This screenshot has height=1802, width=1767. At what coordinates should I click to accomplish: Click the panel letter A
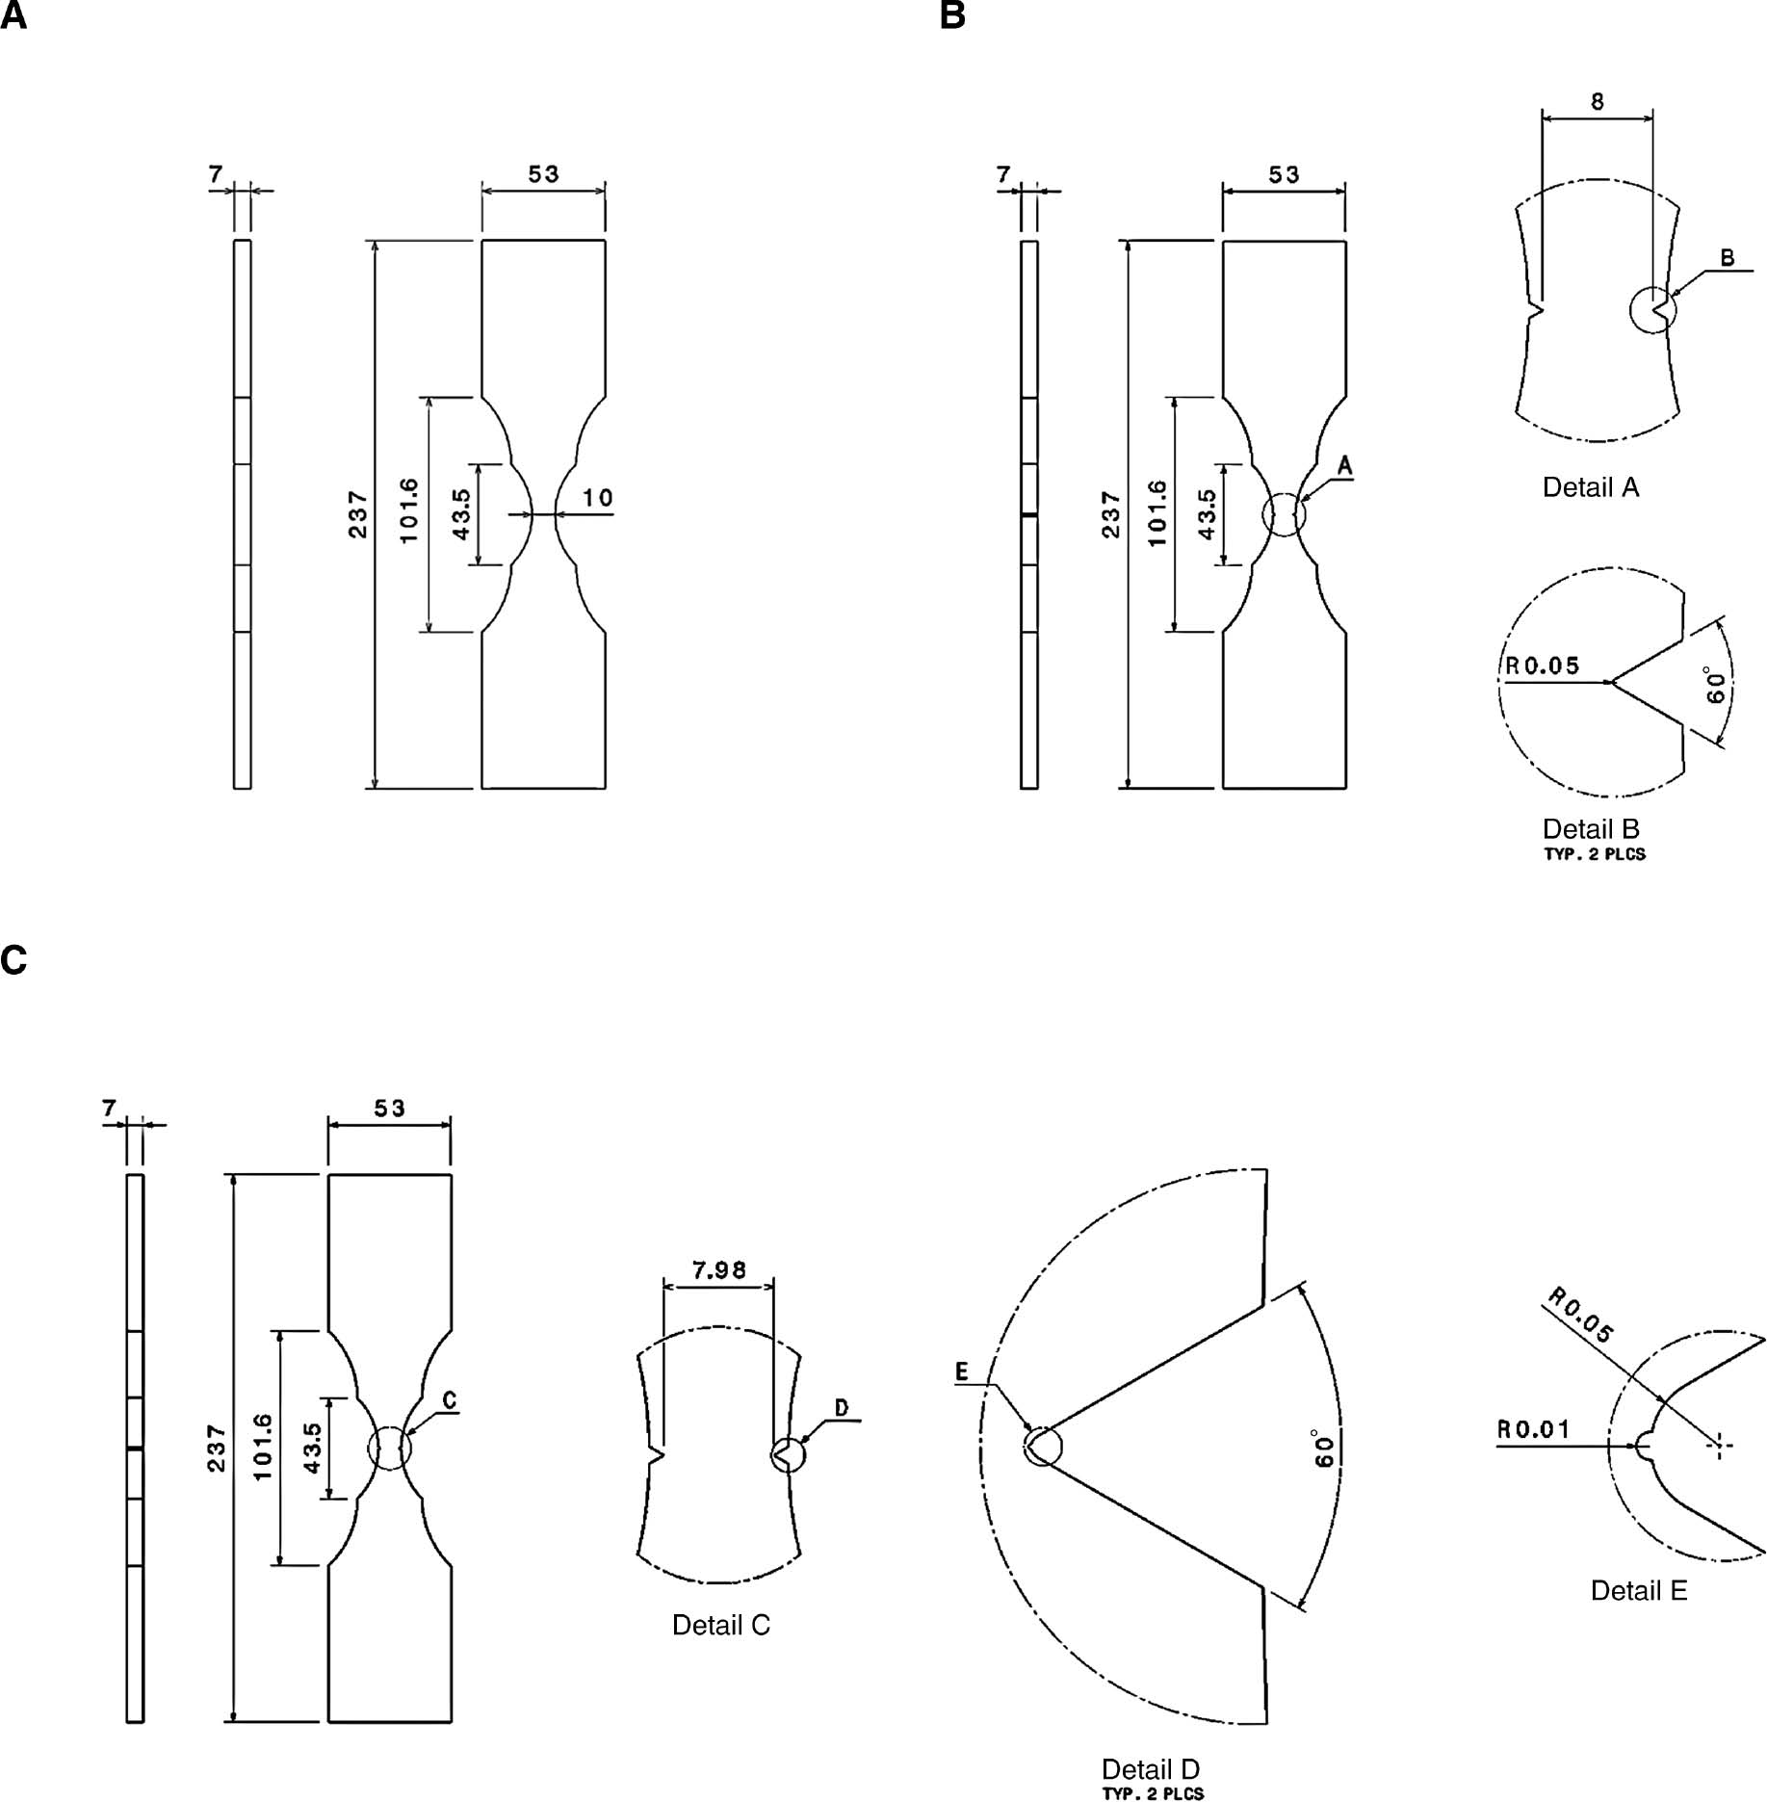pyautogui.click(x=13, y=16)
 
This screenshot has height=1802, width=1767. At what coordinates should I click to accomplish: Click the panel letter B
pyautogui.click(x=952, y=16)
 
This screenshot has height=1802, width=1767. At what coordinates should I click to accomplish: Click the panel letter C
pyautogui.click(x=13, y=960)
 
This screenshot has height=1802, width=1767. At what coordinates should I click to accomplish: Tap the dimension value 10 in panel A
pyautogui.click(x=597, y=498)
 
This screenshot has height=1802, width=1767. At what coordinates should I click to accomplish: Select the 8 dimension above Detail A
pyautogui.click(x=1598, y=101)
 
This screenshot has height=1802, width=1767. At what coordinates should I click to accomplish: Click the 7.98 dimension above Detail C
pyautogui.click(x=719, y=1270)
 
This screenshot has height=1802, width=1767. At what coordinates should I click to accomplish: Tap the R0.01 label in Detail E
pyautogui.click(x=1533, y=1429)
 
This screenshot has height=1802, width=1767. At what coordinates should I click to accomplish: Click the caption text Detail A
pyautogui.click(x=1590, y=487)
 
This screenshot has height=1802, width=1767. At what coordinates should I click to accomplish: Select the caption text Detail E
pyautogui.click(x=1638, y=1590)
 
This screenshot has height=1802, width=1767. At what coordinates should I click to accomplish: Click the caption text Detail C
pyautogui.click(x=720, y=1625)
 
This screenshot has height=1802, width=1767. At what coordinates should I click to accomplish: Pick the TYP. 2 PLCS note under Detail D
pyautogui.click(x=1153, y=1793)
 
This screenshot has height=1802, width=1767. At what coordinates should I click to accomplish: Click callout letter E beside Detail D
pyautogui.click(x=961, y=1372)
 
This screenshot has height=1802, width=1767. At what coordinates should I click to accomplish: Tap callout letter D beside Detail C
pyautogui.click(x=841, y=1408)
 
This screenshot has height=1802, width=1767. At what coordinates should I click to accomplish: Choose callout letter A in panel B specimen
pyautogui.click(x=1345, y=467)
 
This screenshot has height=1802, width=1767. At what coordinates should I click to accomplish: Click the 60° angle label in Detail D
pyautogui.click(x=1325, y=1450)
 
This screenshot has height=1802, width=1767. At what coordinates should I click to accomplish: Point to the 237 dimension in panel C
pyautogui.click(x=216, y=1449)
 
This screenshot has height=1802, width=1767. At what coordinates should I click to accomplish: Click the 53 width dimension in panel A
pyautogui.click(x=543, y=174)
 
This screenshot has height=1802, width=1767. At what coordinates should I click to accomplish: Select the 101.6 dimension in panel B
pyautogui.click(x=1157, y=513)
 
